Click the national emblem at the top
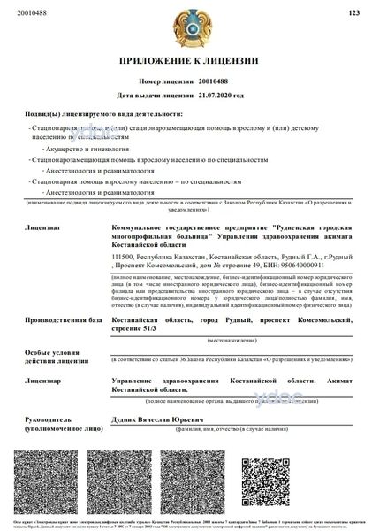[x=186, y=27]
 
